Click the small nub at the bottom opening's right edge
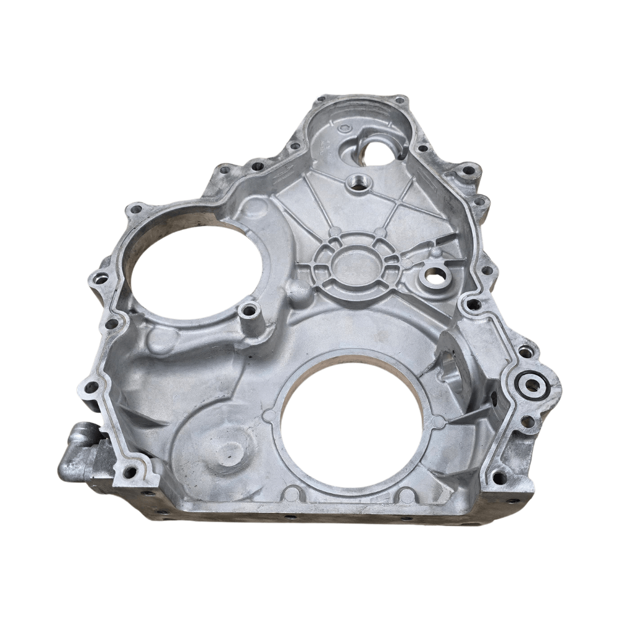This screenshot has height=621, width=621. pos(439,422)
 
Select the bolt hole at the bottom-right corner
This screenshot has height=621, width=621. pos(497,478)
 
